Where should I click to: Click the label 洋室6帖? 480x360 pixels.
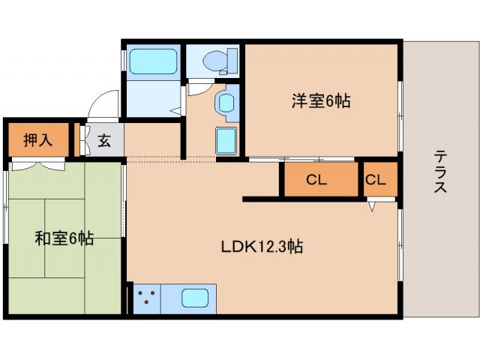[321, 101]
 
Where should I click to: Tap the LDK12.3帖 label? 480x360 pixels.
[261, 246]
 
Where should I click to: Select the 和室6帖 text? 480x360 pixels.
[64, 239]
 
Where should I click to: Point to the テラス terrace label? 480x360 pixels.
[440, 172]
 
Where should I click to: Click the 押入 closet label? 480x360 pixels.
[37, 140]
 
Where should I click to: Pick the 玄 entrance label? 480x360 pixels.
[104, 140]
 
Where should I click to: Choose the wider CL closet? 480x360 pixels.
[317, 181]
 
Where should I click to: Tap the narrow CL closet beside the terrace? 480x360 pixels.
[376, 181]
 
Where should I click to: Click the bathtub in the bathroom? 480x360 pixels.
[152, 62]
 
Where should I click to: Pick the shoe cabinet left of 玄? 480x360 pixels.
[83, 140]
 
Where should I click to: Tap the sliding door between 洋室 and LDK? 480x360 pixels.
[300, 159]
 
